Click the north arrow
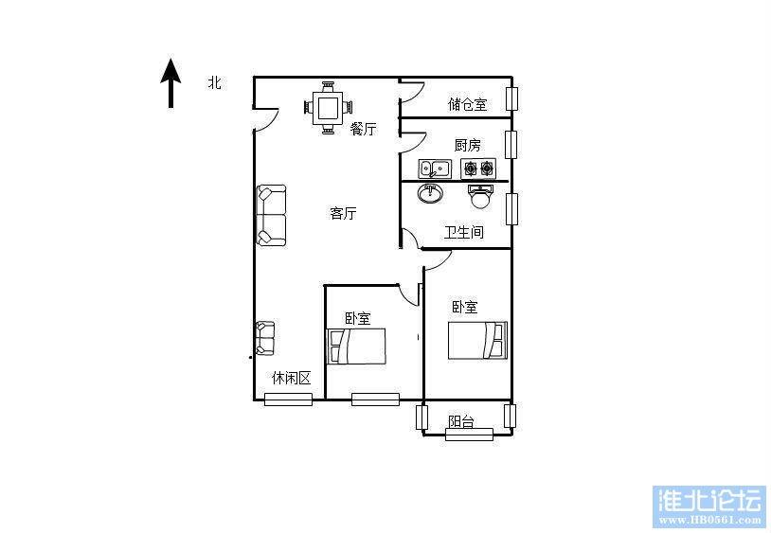[170, 82]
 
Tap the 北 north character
[215, 83]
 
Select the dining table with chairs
[329, 107]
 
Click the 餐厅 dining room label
[363, 129]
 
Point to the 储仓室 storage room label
[467, 104]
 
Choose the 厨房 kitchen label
[467, 145]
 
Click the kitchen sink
[436, 169]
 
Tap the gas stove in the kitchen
[478, 169]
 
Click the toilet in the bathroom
[481, 196]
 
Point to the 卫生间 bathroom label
[464, 232]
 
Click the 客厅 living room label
[343, 214]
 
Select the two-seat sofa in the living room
[270, 216]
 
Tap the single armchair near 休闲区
[264, 338]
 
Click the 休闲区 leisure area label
[291, 378]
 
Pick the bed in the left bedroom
[357, 346]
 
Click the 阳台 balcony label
[461, 422]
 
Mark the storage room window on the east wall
[511, 98]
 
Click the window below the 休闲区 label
[288, 400]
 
